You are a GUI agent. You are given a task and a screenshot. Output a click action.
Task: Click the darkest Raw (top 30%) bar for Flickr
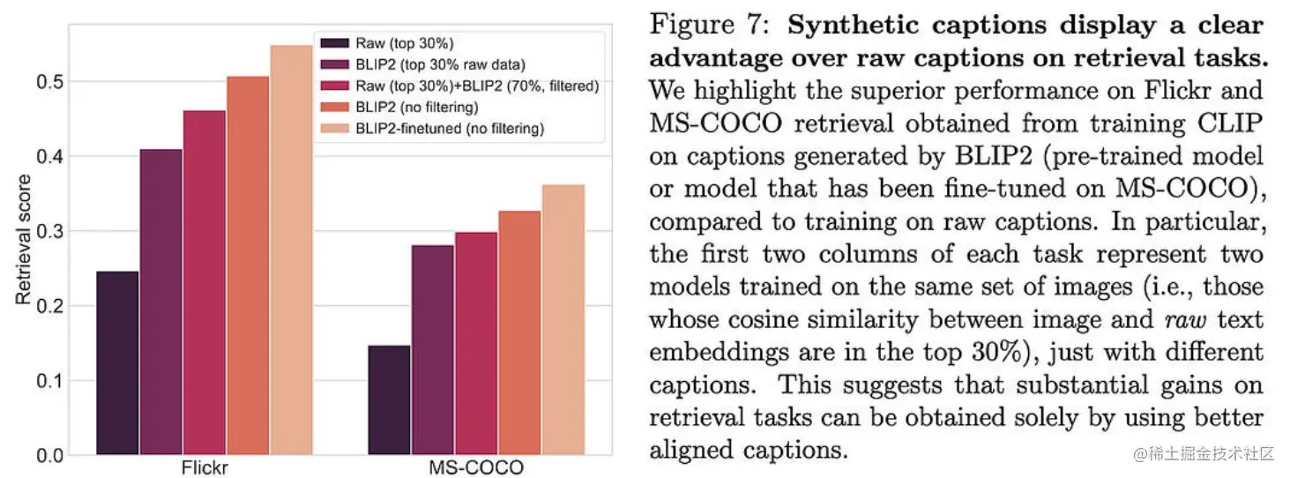click(x=117, y=362)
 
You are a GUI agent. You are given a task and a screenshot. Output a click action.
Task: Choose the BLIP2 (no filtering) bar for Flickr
click(x=248, y=265)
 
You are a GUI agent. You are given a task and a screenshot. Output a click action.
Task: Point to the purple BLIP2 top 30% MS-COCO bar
click(x=432, y=349)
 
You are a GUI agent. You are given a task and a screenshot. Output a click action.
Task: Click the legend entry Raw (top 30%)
click(x=388, y=42)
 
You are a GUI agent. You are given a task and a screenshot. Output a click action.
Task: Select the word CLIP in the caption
click(x=1234, y=123)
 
